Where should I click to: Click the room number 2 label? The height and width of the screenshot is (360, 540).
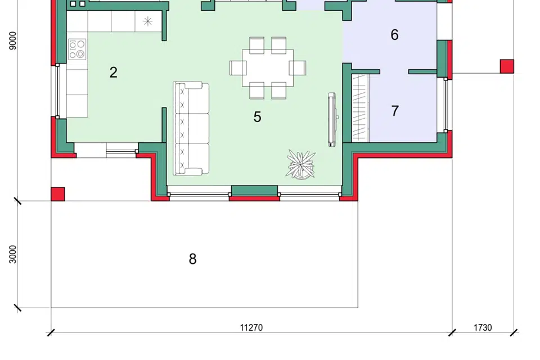[113, 73]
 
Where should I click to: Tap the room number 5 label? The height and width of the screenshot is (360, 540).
[257, 117]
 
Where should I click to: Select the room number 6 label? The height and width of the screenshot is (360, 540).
[395, 35]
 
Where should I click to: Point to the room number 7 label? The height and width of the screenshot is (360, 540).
[395, 111]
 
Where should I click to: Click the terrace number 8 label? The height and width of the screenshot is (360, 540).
[192, 259]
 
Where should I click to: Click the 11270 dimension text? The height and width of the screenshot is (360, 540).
[251, 327]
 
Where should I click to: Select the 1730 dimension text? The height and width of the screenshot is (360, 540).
[483, 327]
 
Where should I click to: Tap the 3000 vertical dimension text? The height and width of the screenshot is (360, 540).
[13, 254]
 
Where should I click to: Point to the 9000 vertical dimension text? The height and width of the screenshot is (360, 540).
[13, 40]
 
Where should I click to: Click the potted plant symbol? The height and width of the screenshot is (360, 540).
[300, 165]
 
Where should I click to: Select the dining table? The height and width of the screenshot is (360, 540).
[268, 68]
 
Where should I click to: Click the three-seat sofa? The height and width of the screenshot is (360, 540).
[191, 128]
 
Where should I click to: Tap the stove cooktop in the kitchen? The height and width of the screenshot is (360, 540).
[77, 49]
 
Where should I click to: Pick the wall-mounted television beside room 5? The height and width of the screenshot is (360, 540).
[332, 120]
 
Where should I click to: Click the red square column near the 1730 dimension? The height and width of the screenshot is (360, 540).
[507, 66]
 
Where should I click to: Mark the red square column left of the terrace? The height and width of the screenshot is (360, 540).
[58, 194]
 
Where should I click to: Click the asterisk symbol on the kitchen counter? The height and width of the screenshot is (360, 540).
[148, 22]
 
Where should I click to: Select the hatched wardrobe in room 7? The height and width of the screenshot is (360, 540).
[360, 109]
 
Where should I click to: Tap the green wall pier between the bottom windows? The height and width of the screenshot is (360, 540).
[254, 191]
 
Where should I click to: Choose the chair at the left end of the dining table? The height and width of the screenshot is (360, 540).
[237, 68]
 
